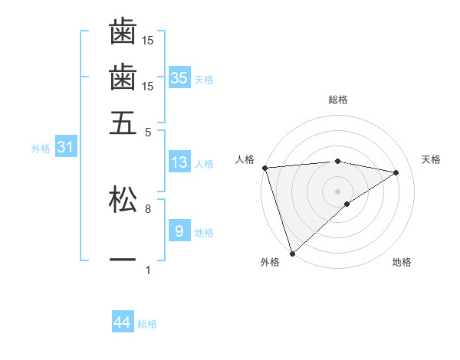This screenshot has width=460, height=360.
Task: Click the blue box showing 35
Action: [x=179, y=77]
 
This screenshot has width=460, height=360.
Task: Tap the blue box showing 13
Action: [x=179, y=162]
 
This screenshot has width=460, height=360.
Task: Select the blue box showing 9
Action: [x=179, y=231]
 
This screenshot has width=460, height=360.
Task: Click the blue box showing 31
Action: [x=65, y=148]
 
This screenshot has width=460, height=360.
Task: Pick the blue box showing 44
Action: [x=123, y=322]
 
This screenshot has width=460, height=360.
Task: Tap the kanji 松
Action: [x=123, y=199]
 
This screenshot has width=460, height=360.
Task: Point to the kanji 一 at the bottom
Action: [x=123, y=260]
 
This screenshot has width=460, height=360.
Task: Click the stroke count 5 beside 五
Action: [x=147, y=131]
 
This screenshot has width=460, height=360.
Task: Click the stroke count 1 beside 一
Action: [x=147, y=270]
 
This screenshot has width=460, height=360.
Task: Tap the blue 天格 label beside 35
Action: [x=204, y=79]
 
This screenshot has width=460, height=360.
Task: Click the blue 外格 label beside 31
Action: [x=41, y=149]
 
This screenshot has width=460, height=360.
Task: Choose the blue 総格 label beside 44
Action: [x=147, y=324]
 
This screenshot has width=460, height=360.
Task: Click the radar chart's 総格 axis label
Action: [x=338, y=100]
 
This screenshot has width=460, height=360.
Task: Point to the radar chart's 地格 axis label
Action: [x=402, y=262]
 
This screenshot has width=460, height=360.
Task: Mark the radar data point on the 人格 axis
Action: [x=264, y=168]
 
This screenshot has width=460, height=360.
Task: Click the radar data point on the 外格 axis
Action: [x=292, y=253]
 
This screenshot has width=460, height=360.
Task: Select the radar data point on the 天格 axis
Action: [x=396, y=172]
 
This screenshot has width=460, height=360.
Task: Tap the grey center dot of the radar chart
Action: [x=337, y=191]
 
